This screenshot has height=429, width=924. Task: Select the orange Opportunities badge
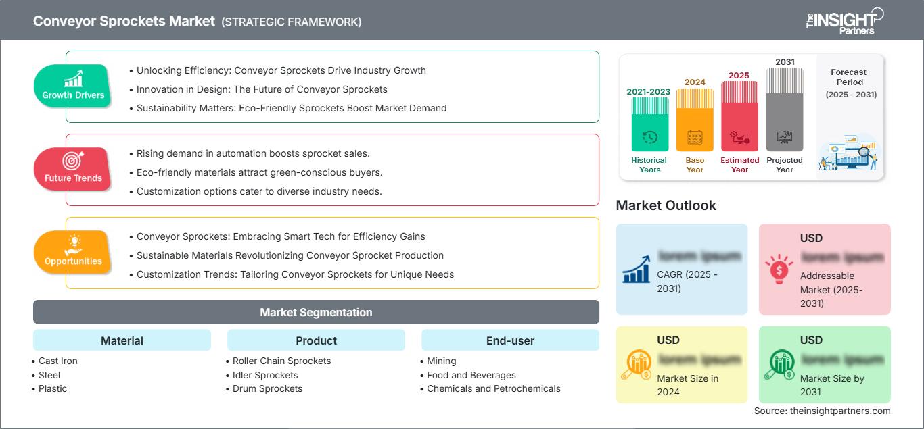tap(73, 252)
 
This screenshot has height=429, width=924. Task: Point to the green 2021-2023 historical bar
tap(649, 124)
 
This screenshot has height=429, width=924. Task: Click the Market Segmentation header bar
tap(316, 312)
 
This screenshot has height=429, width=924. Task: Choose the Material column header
tap(122, 340)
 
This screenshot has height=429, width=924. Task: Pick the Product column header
tap(316, 340)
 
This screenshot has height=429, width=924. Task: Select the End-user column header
tap(510, 340)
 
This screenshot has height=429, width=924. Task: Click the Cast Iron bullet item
tap(58, 361)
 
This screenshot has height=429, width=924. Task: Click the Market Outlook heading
tap(666, 205)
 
